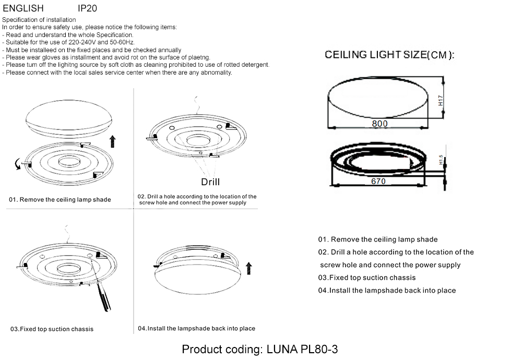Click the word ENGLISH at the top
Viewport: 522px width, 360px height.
(23, 8)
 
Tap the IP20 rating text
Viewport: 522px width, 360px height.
(87, 8)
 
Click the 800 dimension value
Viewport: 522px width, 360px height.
(379, 124)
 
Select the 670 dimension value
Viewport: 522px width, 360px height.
(378, 181)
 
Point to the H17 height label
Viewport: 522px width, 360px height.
(441, 101)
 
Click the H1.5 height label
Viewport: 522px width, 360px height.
(441, 160)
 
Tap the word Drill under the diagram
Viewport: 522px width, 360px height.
(210, 182)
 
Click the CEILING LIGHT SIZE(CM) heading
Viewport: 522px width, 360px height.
(389, 55)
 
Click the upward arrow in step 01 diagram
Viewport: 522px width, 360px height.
(113, 141)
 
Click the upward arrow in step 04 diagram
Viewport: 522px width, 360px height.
(248, 268)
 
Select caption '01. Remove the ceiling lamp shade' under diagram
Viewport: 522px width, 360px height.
(60, 200)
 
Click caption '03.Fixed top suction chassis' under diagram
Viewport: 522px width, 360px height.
(52, 329)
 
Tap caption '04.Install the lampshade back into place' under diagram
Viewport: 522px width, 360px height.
(196, 329)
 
